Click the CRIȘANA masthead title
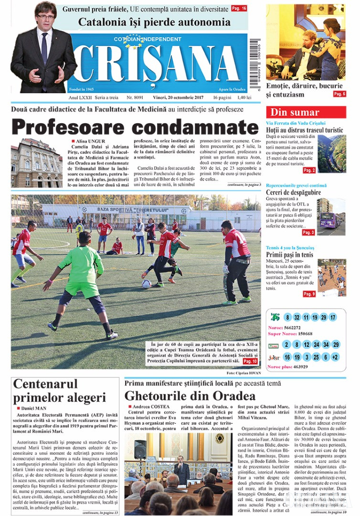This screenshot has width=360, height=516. point(158,64)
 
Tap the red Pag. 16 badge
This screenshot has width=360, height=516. point(239,9)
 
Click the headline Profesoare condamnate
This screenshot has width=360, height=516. point(135,127)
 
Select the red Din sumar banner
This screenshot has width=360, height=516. point(306,112)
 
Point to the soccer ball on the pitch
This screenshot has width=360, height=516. point(146,284)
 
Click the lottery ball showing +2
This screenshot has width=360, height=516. point(335,357)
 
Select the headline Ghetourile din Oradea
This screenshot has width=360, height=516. point(190,396)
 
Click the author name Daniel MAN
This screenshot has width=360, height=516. point(34,408)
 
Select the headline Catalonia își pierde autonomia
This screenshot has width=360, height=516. point(154,22)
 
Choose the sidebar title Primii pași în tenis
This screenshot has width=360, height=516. point(290,255)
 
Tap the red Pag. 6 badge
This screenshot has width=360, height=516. point(339,94)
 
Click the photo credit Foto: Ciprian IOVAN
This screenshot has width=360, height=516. point(244,372)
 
